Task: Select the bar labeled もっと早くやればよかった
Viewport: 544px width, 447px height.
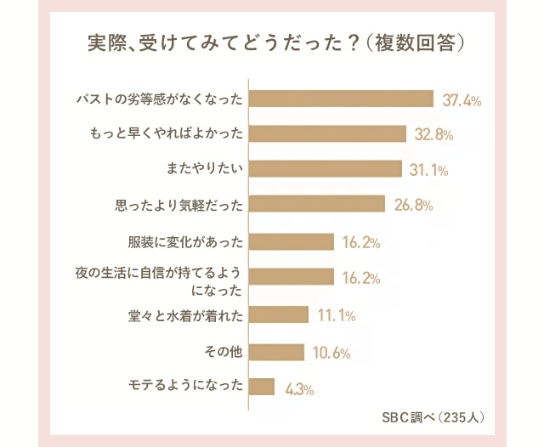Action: click(328, 133)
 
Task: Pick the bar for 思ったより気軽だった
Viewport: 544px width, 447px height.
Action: click(318, 205)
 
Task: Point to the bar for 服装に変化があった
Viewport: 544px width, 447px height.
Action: click(292, 242)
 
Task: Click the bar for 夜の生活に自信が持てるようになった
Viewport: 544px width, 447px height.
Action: click(292, 277)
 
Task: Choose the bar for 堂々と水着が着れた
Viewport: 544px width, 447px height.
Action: click(280, 315)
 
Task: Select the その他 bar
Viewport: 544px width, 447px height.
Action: click(277, 352)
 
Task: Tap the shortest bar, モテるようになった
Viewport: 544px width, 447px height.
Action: click(263, 388)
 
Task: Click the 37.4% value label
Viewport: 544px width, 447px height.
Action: click(462, 101)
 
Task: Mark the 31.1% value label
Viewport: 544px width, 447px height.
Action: click(428, 171)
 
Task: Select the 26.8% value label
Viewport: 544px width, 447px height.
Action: click(415, 206)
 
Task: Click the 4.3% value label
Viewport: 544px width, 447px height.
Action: click(300, 390)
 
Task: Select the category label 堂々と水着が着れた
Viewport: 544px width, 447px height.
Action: click(184, 315)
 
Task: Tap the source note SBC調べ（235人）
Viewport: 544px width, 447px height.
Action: click(433, 417)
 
